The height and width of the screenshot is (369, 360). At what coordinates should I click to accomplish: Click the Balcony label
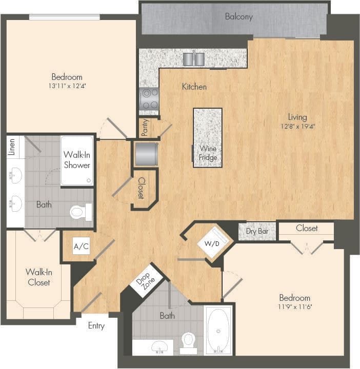point(238,16)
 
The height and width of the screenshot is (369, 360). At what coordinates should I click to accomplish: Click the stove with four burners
point(149,98)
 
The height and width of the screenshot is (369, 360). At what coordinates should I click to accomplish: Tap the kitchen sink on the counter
point(193,59)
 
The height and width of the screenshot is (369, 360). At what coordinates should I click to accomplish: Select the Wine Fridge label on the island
point(208,153)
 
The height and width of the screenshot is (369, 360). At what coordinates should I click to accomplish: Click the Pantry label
point(145,128)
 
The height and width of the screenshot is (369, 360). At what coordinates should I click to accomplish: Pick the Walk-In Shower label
point(77,159)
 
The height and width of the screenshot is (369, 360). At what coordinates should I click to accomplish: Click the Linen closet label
point(12,147)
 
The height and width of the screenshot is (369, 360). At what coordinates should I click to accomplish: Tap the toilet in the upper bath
point(79,212)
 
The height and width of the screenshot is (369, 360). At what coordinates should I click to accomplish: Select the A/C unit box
point(81,247)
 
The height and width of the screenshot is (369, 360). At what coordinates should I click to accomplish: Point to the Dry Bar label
point(257,231)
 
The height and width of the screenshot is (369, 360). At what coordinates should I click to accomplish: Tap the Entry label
point(96,325)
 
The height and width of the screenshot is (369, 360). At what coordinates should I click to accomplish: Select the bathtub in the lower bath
point(219,330)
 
